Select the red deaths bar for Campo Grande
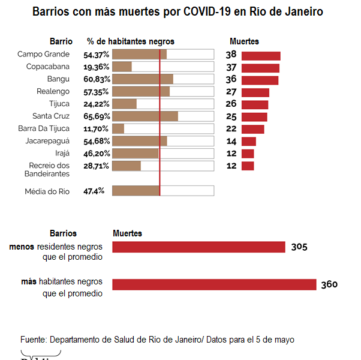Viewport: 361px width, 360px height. pyautogui.click(x=261, y=55)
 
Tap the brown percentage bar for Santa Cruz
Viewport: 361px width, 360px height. pyautogui.click(x=145, y=116)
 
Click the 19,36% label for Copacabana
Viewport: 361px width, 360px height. pyautogui.click(x=96, y=67)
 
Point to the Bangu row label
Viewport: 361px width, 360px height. pyautogui.click(x=58, y=79)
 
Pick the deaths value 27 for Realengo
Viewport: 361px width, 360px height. pyautogui.click(x=231, y=92)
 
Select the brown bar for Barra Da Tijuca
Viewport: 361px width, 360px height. pyautogui.click(x=118, y=128)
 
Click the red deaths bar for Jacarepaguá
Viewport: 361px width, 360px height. pyautogui.click(x=249, y=141)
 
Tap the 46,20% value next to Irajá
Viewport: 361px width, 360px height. pyautogui.click(x=96, y=154)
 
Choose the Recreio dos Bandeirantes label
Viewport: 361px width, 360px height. pyautogui.click(x=49, y=169)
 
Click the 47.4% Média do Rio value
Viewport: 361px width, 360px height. pyautogui.click(x=94, y=191)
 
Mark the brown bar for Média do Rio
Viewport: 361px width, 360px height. pyautogui.click(x=136, y=191)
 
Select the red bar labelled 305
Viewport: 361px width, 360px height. pyautogui.click(x=198, y=247)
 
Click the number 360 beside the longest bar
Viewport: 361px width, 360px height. pyautogui.click(x=329, y=284)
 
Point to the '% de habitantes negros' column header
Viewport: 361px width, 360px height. pyautogui.click(x=131, y=41)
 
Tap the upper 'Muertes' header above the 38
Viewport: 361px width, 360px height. pyautogui.click(x=245, y=41)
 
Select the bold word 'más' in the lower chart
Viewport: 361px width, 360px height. pyautogui.click(x=28, y=281)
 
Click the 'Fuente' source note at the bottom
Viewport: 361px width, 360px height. pyautogui.click(x=157, y=340)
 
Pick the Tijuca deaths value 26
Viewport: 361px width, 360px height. pyautogui.click(x=231, y=104)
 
